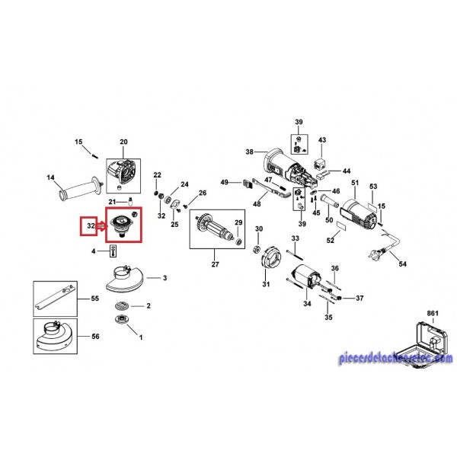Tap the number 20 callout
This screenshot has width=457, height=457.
(x=123, y=142)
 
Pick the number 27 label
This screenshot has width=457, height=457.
(x=214, y=264)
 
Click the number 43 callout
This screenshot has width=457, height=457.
(x=321, y=140)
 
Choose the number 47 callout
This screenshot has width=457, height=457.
(x=269, y=177)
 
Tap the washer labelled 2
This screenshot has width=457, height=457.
(x=120, y=306)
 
